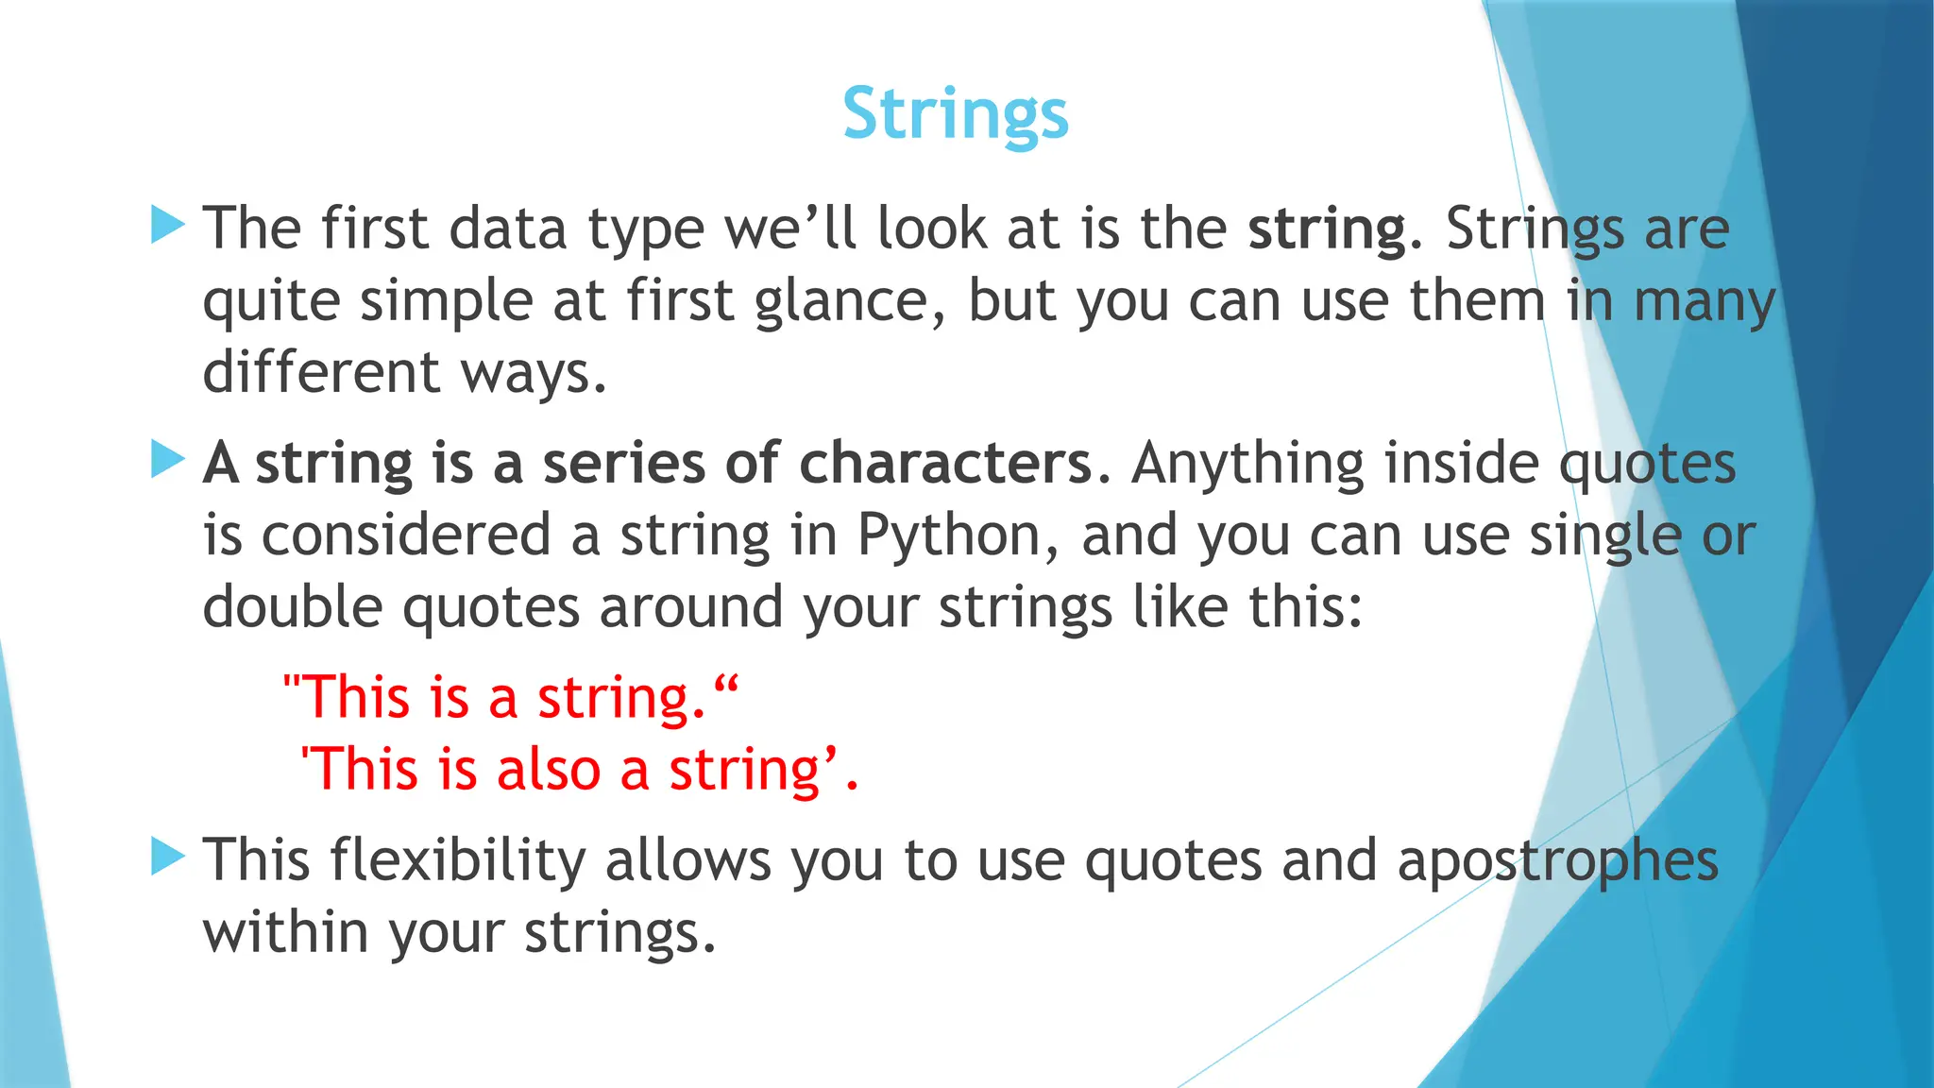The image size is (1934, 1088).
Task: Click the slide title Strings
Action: pos(955,114)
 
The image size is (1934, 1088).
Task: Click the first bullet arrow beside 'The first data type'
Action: pos(167,226)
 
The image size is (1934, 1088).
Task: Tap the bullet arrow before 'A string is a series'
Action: pos(167,460)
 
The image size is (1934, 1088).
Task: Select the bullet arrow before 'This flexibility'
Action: pos(167,857)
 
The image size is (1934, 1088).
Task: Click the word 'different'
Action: pos(321,372)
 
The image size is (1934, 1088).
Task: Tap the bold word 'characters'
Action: pos(945,464)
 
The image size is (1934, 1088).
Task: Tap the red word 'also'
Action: pos(549,770)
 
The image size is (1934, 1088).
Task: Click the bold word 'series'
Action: pos(623,464)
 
